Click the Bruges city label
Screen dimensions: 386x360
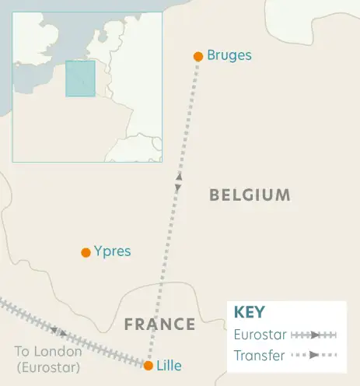230,56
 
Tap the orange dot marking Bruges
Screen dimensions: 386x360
198,56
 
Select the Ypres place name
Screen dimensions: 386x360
112,252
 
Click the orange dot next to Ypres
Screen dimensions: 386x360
86,252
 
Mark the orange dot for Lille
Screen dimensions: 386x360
149,365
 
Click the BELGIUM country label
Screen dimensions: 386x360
250,195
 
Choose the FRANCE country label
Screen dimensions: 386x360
159,325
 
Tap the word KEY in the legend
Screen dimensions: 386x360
250,313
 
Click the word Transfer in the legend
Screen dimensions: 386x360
258,355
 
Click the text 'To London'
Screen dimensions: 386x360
47,352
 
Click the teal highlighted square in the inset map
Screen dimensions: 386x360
80,79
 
